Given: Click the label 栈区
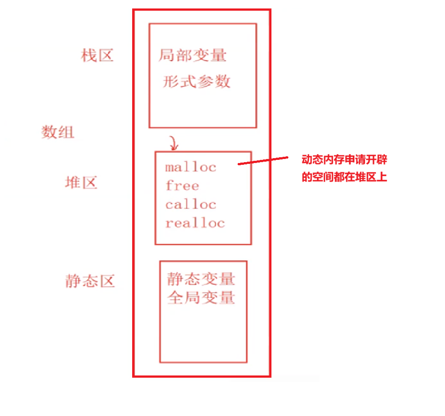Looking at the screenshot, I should [x=97, y=56].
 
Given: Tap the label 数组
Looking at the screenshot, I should [x=58, y=132].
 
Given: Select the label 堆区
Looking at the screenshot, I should [x=81, y=183].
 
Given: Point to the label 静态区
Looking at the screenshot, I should [x=90, y=281].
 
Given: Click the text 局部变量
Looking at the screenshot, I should [x=192, y=56].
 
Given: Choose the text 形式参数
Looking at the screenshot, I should [x=197, y=82].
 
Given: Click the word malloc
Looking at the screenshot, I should [x=190, y=167].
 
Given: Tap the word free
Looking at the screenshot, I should [x=182, y=186].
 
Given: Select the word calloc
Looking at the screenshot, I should [x=190, y=204].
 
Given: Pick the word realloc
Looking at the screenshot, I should [x=195, y=223].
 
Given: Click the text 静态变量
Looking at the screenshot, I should [x=201, y=279].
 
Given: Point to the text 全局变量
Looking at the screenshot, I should [x=201, y=298].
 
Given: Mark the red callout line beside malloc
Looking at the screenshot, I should [x=263, y=161].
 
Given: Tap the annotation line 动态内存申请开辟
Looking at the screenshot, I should [x=344, y=160].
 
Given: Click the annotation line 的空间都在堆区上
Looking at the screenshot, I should [x=344, y=177].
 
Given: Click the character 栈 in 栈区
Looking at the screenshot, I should [x=89, y=56].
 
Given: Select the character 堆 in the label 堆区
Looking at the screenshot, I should [x=73, y=183].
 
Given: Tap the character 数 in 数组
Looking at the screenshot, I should [x=49, y=132].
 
